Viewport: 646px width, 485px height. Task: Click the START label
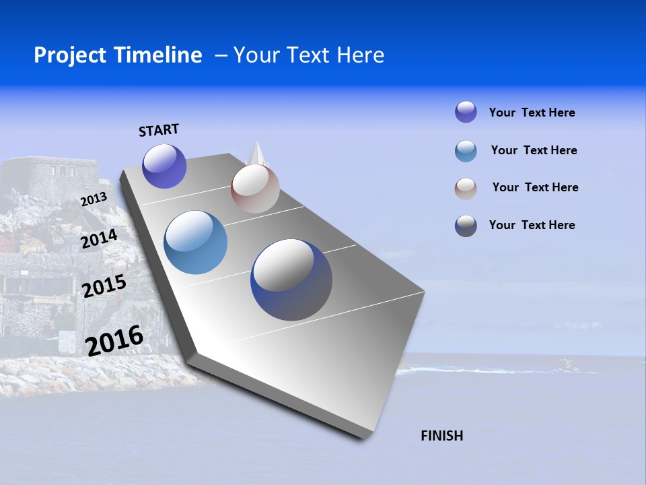pyautogui.click(x=159, y=130)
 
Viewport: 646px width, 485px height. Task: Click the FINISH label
pyautogui.click(x=441, y=436)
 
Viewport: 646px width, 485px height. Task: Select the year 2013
pyautogui.click(x=94, y=199)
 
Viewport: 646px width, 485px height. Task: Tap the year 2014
pyautogui.click(x=99, y=238)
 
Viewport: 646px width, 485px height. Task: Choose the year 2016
pyautogui.click(x=114, y=340)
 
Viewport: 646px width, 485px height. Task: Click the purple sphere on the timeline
pyautogui.click(x=164, y=166)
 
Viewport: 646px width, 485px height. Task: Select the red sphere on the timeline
pyautogui.click(x=255, y=189)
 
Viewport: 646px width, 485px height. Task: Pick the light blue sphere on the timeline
pyautogui.click(x=195, y=243)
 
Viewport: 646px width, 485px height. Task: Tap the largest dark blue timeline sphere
pyautogui.click(x=291, y=280)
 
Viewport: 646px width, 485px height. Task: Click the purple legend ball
pyautogui.click(x=466, y=112)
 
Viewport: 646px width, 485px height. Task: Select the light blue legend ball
pyautogui.click(x=466, y=151)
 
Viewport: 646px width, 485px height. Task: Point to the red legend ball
pyautogui.click(x=466, y=189)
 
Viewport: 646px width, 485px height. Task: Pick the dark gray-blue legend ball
pyautogui.click(x=466, y=226)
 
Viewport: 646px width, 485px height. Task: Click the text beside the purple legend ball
pyautogui.click(x=532, y=112)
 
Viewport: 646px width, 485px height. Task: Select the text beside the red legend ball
pyautogui.click(x=535, y=187)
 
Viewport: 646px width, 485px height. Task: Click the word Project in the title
pyautogui.click(x=71, y=55)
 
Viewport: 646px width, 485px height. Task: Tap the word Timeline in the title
pyautogui.click(x=161, y=55)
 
